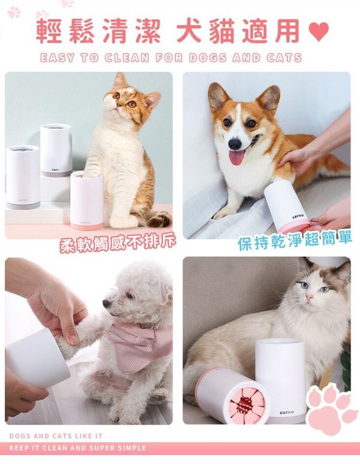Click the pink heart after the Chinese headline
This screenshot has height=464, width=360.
click(319, 31)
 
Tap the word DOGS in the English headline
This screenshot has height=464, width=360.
click(208, 58)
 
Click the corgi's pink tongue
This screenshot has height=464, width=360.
click(236, 157)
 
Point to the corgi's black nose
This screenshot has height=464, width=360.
click(235, 144)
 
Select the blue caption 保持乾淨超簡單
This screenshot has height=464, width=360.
click(295, 240)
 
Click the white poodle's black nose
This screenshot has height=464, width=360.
click(106, 303)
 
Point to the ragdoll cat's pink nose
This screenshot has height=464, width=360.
click(309, 297)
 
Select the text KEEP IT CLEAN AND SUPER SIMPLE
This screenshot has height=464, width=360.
click(78, 448)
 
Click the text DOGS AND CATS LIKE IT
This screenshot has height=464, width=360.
click(56, 436)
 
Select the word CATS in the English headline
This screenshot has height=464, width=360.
click(284, 58)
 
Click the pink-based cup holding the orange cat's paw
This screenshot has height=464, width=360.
click(86, 200)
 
